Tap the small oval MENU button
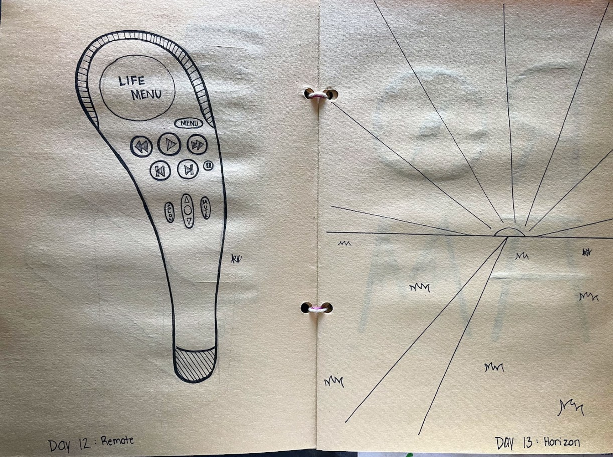(189, 123)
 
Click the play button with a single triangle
(169, 144)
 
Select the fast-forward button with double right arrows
(197, 144)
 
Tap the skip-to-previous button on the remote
(160, 171)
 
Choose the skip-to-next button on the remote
(188, 169)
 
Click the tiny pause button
(208, 166)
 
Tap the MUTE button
(205, 208)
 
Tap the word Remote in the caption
(118, 441)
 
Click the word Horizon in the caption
(562, 442)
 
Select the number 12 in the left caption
(85, 444)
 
